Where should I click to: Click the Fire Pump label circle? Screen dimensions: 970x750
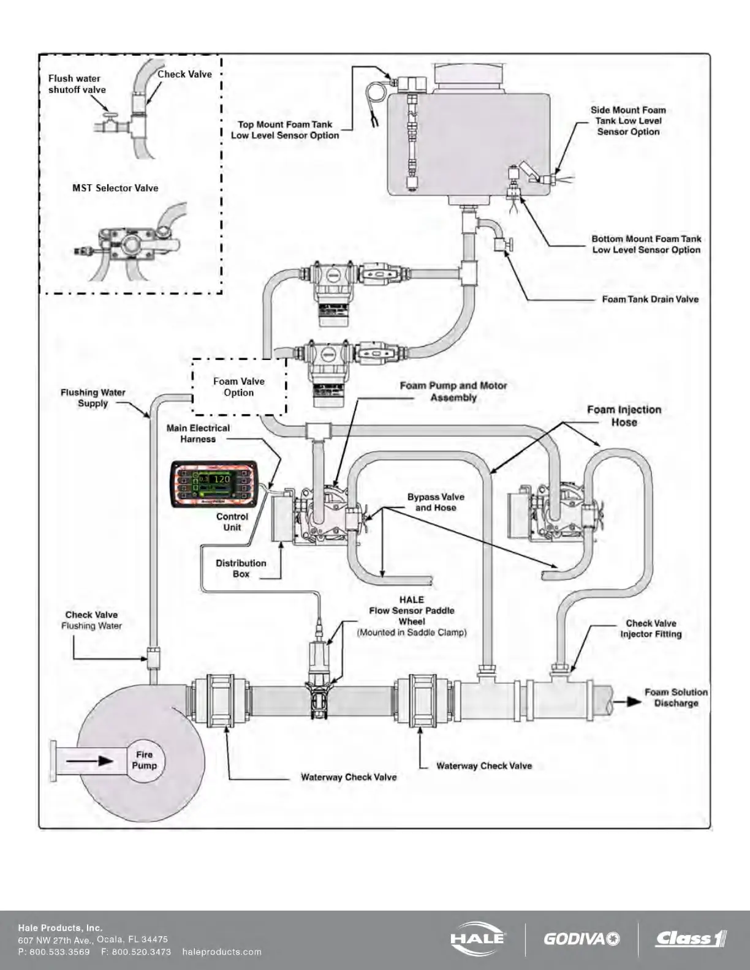(x=145, y=761)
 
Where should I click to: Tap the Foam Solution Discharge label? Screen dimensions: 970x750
(x=676, y=697)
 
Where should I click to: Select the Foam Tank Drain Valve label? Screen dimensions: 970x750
(x=650, y=299)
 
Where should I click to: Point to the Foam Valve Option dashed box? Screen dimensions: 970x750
(x=239, y=387)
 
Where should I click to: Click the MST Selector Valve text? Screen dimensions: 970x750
(x=115, y=188)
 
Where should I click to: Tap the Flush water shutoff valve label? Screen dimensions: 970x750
(x=77, y=84)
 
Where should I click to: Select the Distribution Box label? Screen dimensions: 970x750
(x=241, y=568)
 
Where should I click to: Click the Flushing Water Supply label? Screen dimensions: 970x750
(x=93, y=398)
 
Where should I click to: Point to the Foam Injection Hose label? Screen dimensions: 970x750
(x=624, y=416)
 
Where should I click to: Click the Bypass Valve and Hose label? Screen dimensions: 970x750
(x=436, y=502)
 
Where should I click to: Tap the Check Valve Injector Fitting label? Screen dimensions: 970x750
(x=651, y=629)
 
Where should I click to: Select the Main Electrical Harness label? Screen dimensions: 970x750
(x=198, y=434)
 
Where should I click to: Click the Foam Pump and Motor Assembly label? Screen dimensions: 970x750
(x=453, y=391)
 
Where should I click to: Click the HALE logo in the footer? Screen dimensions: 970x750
(x=478, y=939)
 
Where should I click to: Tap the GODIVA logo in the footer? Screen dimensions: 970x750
(x=581, y=939)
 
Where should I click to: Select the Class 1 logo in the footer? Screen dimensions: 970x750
(x=691, y=938)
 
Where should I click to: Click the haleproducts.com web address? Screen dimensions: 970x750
(x=222, y=952)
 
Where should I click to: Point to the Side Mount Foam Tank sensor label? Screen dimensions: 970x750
(x=628, y=121)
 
